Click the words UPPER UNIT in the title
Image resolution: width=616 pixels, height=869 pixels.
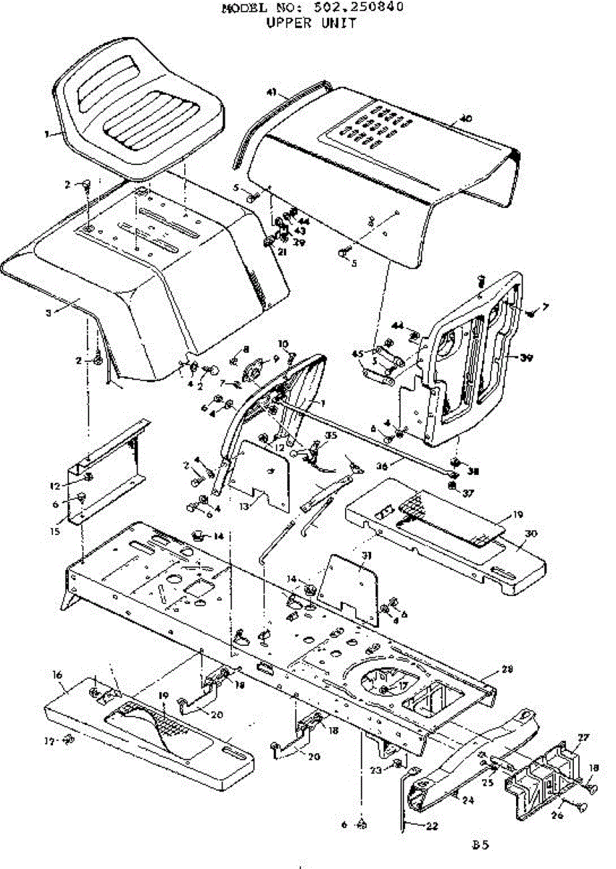click(x=311, y=22)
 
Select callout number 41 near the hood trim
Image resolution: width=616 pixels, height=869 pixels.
click(x=272, y=92)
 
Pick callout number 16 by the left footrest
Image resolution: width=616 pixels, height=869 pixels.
click(x=57, y=674)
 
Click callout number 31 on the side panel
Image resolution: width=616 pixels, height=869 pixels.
click(x=366, y=555)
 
